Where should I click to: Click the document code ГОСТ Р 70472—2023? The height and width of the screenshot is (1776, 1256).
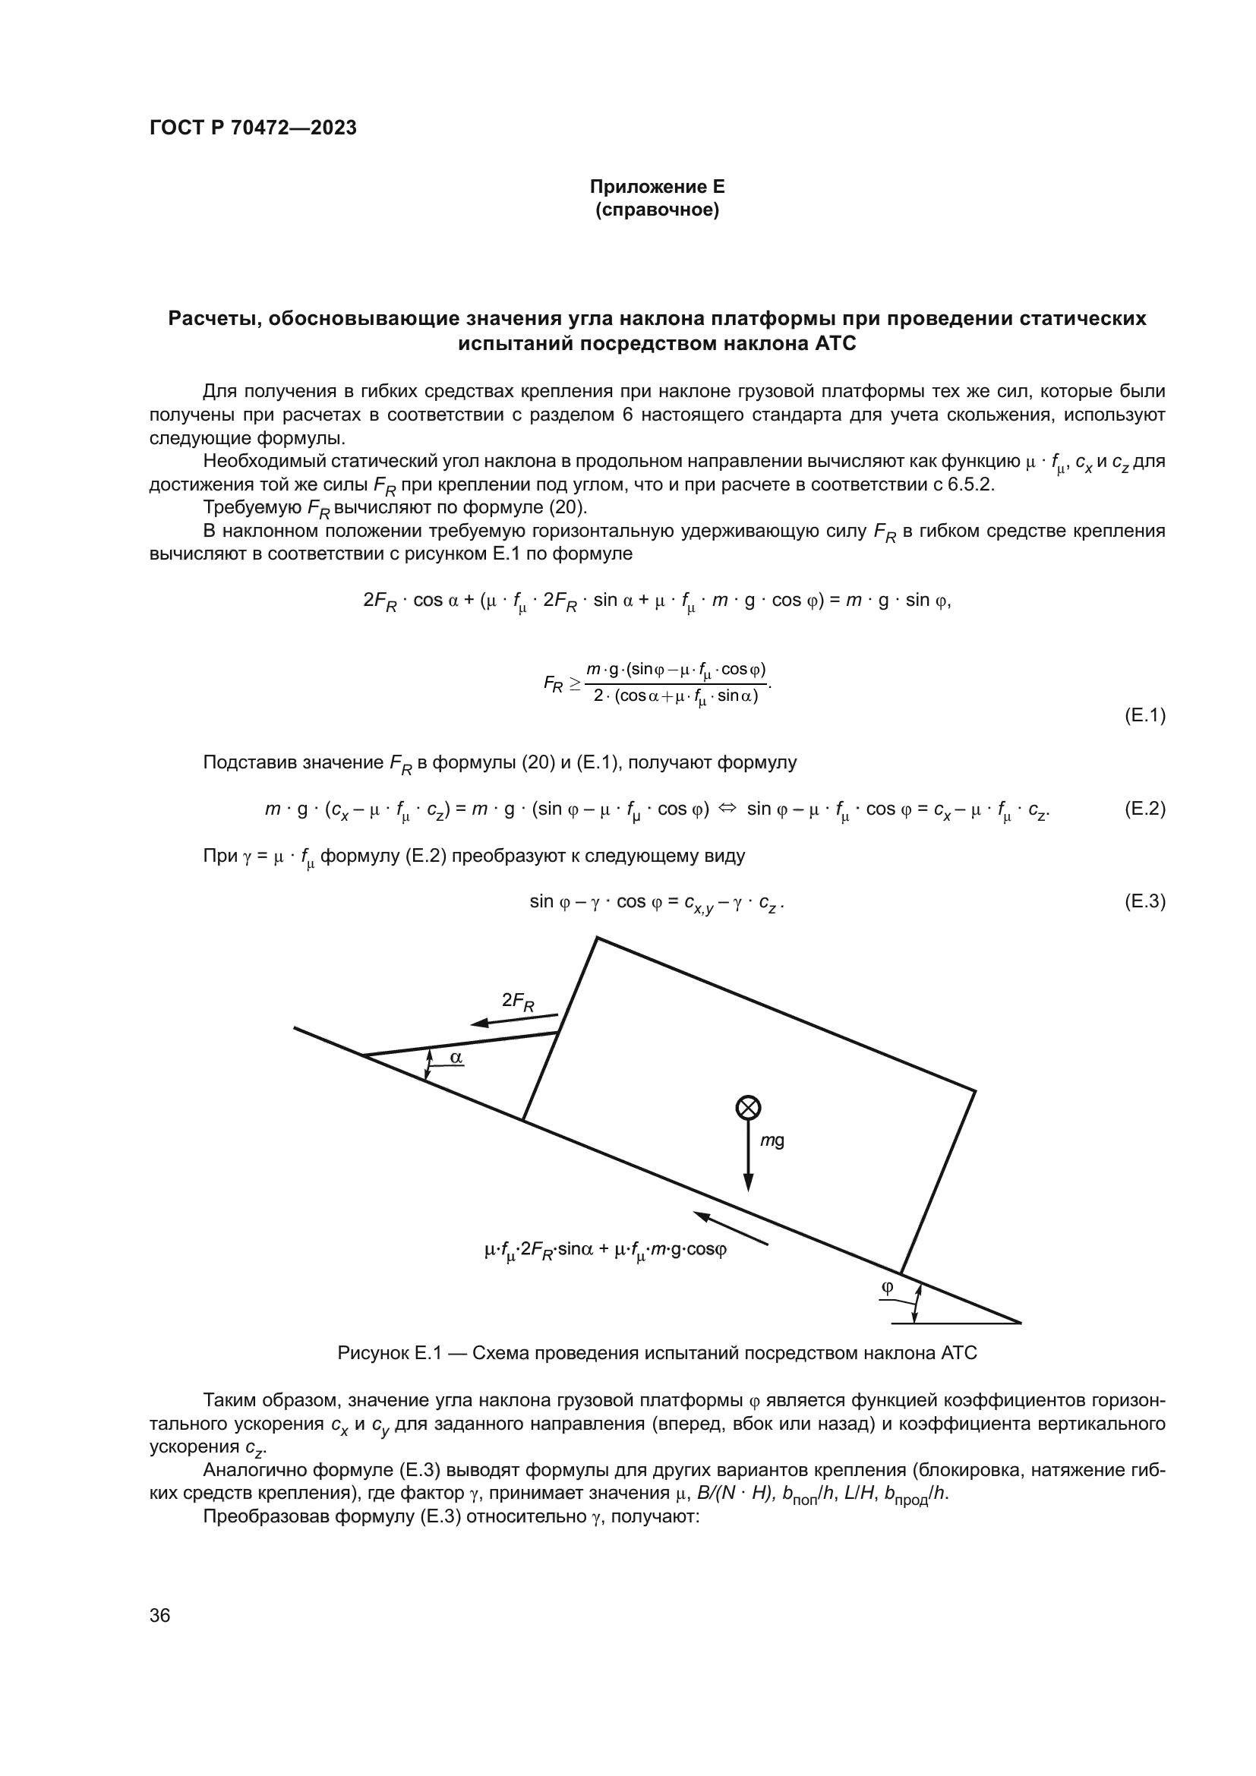[x=253, y=128]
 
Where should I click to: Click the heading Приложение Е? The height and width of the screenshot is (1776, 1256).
[x=657, y=187]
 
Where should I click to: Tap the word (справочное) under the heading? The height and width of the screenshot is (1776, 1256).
[x=657, y=210]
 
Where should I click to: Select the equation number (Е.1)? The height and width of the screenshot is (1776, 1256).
[x=1144, y=715]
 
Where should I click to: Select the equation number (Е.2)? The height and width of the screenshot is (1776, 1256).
[x=1144, y=809]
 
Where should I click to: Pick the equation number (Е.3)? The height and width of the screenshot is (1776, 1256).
[x=1144, y=901]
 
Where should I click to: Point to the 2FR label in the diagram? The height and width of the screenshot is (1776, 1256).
[x=517, y=1002]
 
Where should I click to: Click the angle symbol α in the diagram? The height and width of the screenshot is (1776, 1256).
[x=456, y=1056]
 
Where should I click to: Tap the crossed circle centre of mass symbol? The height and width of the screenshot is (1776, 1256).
[x=748, y=1109]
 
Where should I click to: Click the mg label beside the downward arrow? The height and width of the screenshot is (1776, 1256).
[x=772, y=1141]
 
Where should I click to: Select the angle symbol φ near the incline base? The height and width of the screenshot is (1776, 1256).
[x=887, y=1287]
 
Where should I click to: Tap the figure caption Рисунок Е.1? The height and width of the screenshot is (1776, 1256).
[x=657, y=1353]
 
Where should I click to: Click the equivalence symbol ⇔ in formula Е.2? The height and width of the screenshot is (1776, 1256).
[x=727, y=809]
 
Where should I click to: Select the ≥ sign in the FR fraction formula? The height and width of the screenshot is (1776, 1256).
[x=575, y=683]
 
